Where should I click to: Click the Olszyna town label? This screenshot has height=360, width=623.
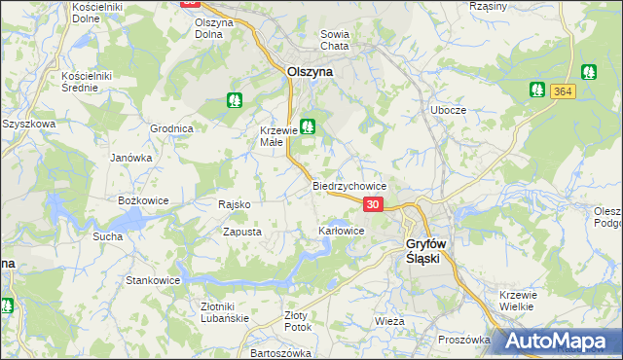[311, 71]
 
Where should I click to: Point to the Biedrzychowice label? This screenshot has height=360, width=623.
[349, 185]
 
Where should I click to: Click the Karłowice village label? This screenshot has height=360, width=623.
[341, 231]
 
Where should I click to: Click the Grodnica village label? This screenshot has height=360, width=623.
[171, 128]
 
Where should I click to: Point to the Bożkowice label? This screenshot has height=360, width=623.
[143, 199]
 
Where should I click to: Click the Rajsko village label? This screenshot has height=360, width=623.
[236, 204]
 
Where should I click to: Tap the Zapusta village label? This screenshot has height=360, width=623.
[241, 232]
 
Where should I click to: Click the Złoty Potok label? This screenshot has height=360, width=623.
[296, 321]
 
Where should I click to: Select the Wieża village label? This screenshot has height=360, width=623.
[389, 320]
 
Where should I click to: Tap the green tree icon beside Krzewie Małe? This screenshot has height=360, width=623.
[308, 126]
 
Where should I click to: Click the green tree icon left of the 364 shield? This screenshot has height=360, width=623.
[536, 90]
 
